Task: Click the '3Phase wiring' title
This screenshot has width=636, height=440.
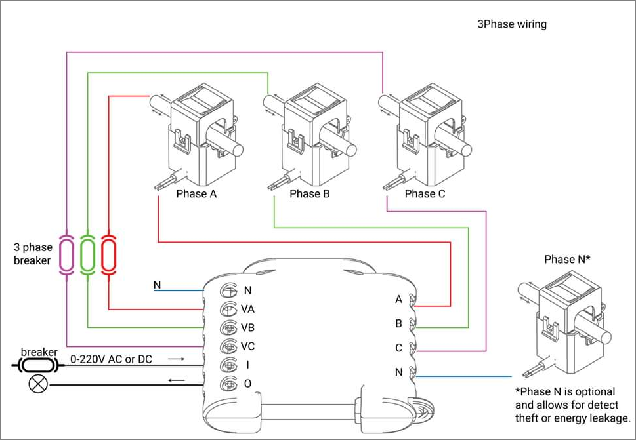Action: click(512, 24)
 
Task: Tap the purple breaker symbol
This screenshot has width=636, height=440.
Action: click(66, 254)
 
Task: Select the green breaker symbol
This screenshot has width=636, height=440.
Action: click(87, 254)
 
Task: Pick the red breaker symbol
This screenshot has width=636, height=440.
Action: click(109, 254)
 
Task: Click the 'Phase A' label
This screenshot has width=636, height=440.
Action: click(196, 194)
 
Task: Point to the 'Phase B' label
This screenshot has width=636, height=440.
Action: click(310, 194)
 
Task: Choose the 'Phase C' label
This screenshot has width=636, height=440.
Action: click(425, 194)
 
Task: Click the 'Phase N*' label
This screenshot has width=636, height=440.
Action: click(567, 259)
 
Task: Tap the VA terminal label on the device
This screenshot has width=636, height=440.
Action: click(248, 309)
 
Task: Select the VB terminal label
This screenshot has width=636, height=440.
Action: click(248, 327)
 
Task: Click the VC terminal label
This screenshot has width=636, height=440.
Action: click(248, 346)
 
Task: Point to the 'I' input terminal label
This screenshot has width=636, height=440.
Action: click(247, 365)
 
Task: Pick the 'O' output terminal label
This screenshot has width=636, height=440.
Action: click(247, 383)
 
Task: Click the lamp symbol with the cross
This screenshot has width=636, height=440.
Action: click(39, 384)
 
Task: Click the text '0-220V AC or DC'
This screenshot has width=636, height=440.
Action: click(111, 359)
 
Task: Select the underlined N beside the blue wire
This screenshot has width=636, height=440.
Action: click(158, 285)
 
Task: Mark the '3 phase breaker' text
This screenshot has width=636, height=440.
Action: click(33, 254)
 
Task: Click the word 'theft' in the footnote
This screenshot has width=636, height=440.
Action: click(527, 418)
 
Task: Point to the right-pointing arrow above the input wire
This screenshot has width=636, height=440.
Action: click(176, 359)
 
